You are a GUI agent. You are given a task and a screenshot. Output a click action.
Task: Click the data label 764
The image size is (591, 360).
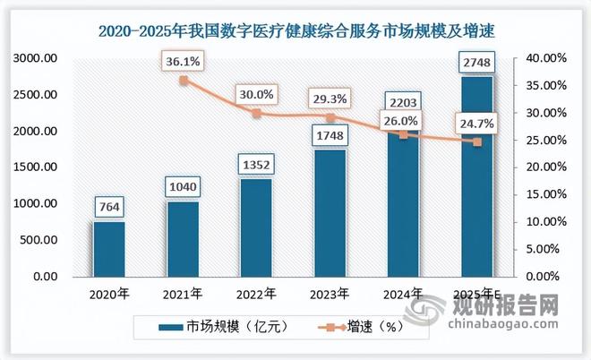tap(109, 208)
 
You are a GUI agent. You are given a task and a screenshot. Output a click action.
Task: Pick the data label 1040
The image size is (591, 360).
tap(183, 188)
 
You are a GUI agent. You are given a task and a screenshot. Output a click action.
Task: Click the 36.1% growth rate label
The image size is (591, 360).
tap(184, 60)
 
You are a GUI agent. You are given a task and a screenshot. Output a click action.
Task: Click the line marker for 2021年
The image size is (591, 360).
tap(184, 80)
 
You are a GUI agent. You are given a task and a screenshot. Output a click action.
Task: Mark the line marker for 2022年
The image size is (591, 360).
tap(256, 113)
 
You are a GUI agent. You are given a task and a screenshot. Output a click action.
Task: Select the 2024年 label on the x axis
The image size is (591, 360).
tap(403, 292)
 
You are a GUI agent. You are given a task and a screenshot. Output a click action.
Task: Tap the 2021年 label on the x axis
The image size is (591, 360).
tap(183, 292)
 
